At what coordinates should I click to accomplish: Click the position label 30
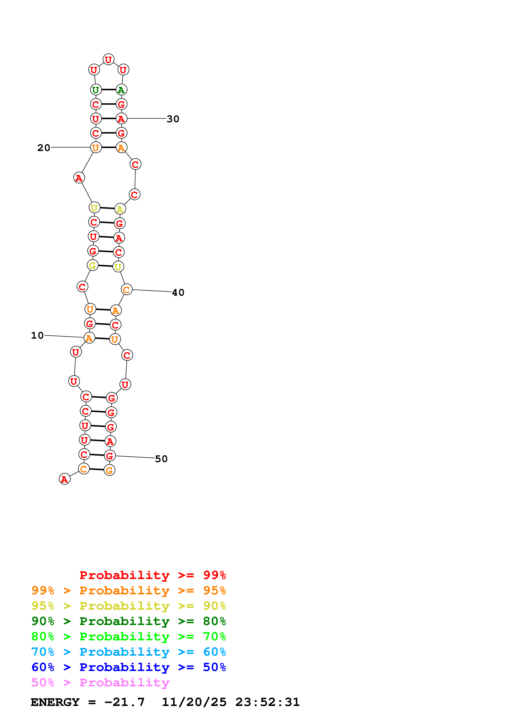[173, 119]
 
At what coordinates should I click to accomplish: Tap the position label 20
[44, 148]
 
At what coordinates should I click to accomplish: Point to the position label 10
[37, 335]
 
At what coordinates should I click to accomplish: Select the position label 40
[178, 293]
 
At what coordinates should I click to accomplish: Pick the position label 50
[161, 459]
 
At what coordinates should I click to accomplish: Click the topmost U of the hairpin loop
[108, 59]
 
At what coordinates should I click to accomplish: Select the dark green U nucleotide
[96, 90]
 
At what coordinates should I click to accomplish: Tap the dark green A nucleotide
[121, 90]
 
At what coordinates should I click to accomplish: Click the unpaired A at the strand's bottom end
[65, 479]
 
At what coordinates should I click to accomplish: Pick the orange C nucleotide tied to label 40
[127, 290]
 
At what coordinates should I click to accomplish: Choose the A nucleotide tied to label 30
[121, 119]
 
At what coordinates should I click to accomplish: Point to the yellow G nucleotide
[92, 266]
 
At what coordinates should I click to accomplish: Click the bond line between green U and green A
[108, 90]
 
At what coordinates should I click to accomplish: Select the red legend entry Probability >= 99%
[152, 575]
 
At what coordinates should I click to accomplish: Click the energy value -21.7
[124, 702]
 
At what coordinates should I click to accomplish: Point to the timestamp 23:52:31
[267, 702]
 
